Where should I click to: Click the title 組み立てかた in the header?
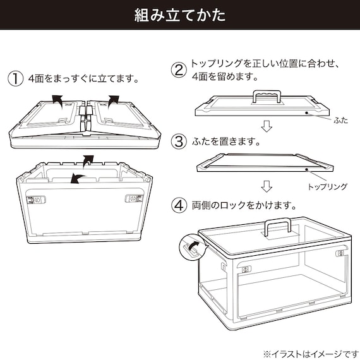[180, 15]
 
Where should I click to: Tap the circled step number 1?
[15, 80]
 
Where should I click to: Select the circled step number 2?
[179, 69]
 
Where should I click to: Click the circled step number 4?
[179, 205]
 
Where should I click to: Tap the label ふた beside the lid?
[340, 119]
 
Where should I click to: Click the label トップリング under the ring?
[327, 188]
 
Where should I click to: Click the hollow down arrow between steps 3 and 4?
[267, 187]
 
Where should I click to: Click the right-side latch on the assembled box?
[339, 253]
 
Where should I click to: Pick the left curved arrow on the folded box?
[57, 98]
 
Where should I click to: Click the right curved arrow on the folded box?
[114, 98]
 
